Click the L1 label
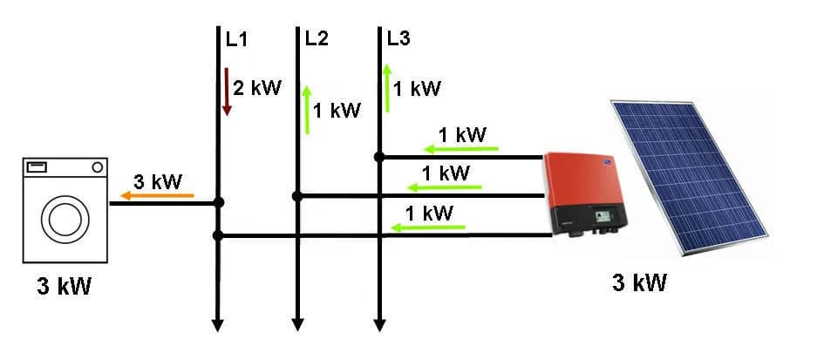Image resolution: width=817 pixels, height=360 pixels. point(236,39)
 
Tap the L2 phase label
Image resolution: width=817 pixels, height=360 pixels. point(317,39)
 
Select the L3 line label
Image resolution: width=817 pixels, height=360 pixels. point(398,39)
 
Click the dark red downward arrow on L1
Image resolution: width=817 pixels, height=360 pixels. point(227,92)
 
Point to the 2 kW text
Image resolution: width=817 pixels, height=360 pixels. point(257,88)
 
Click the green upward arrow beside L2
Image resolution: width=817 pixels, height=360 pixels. point(307,109)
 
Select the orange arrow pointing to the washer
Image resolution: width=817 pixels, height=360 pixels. point(157,196)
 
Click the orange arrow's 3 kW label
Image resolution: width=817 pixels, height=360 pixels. point(157,182)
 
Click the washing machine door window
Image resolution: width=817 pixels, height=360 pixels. point(65,218)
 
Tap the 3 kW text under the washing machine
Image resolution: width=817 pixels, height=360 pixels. point(63,287)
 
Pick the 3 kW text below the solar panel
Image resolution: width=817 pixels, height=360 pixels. point(640,282)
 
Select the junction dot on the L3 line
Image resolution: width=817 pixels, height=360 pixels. point(379,157)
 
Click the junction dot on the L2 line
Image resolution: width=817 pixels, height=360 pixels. point(297,196)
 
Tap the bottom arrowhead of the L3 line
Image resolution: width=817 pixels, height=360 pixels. point(379,325)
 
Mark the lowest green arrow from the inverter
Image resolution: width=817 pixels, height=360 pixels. point(427,228)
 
